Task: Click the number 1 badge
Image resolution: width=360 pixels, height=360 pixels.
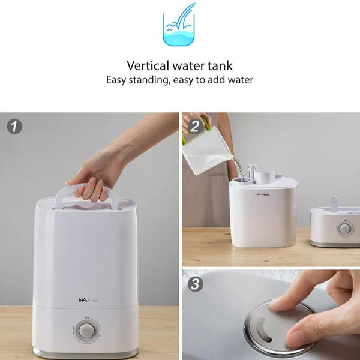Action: [x=14, y=127]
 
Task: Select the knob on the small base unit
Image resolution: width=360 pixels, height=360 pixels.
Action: [x=345, y=229]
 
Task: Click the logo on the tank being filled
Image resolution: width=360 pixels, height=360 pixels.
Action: [x=263, y=194]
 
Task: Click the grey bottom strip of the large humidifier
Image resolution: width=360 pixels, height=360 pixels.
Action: [x=85, y=353]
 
